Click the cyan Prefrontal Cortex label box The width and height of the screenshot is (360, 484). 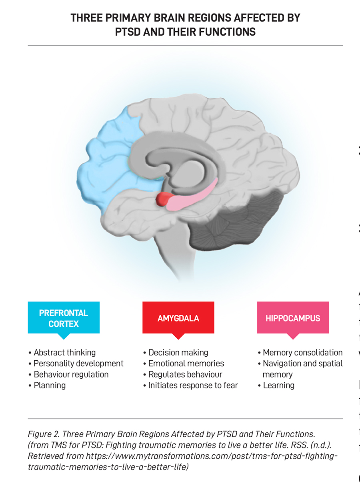(64, 318)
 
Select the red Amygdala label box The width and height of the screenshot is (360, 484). (178, 318)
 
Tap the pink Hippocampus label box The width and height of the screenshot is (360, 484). (293, 318)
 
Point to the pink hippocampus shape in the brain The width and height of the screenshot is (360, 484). (192, 196)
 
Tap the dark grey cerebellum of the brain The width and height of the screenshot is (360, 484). (236, 224)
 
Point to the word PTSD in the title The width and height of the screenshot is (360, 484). (128, 32)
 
